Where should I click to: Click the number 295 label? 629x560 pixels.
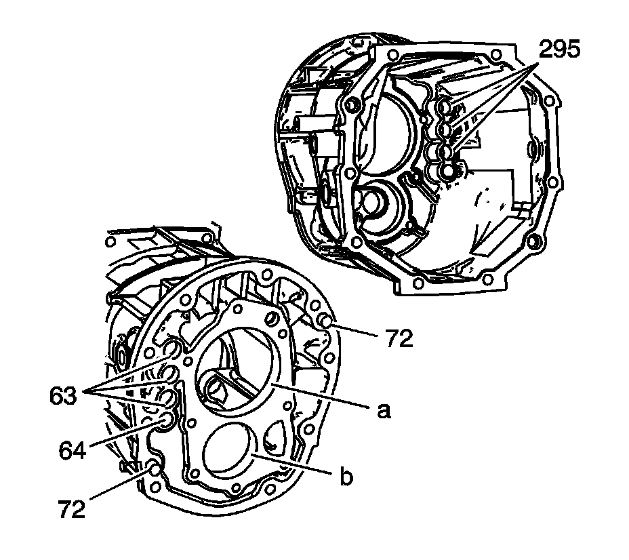559,49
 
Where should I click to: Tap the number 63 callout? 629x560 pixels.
63,396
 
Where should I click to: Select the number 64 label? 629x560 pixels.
73,450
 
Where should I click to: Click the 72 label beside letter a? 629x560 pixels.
399,338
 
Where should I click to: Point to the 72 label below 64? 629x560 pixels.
71,508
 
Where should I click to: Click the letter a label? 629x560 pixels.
384,411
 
